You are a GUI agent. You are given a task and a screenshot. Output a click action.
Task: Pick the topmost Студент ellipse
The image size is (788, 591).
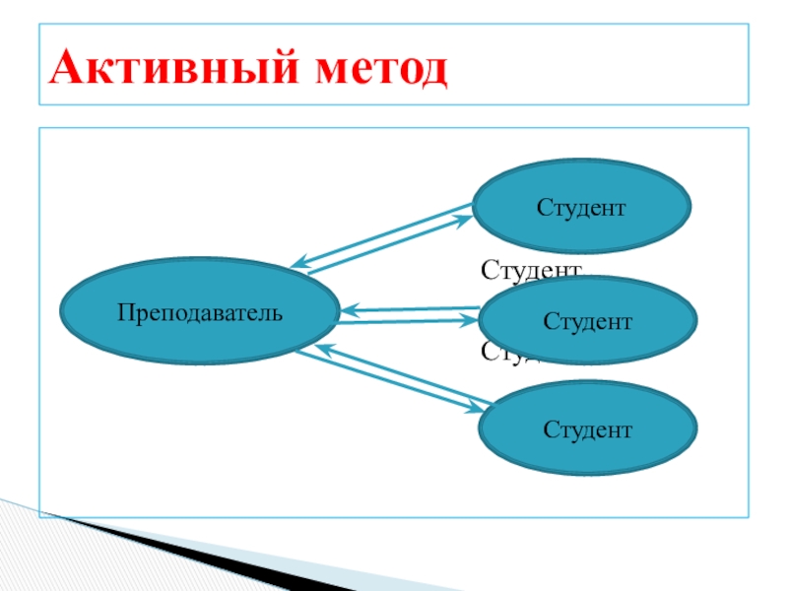coord(581,207)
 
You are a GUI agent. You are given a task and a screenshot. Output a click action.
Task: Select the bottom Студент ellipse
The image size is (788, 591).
coord(588,429)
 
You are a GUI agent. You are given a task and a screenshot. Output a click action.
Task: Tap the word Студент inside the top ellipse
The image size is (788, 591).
coord(581,208)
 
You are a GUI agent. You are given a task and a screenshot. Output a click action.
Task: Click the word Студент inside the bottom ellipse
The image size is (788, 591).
coord(588,429)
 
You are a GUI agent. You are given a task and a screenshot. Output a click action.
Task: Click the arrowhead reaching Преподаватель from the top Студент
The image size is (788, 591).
coord(297,264)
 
